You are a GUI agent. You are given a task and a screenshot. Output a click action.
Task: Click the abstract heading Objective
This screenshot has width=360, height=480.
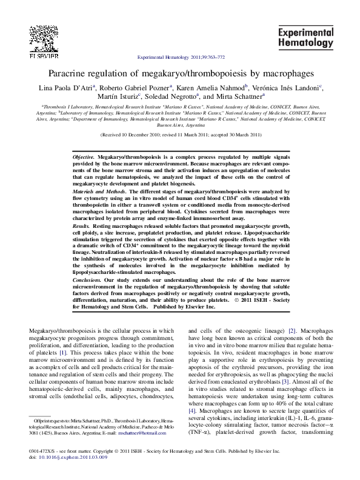tap(85, 156)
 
